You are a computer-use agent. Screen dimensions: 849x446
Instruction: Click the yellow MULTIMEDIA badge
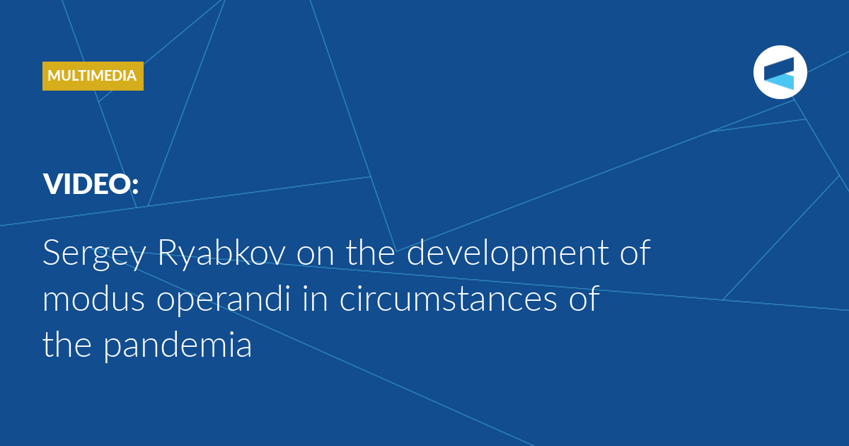(93, 76)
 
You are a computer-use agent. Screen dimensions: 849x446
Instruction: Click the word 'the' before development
(370, 252)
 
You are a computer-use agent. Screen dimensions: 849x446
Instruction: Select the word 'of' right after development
(635, 252)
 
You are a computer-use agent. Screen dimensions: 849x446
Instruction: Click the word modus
(93, 299)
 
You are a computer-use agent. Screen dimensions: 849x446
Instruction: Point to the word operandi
(224, 299)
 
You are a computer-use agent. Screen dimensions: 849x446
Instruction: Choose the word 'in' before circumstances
(315, 299)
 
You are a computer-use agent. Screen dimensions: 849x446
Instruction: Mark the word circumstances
(448, 299)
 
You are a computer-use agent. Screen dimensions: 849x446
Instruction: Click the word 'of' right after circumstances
(584, 299)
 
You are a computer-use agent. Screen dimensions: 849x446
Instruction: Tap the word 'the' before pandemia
(67, 344)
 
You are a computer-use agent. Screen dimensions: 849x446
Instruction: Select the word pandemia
(178, 345)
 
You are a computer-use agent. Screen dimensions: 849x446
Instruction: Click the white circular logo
(780, 72)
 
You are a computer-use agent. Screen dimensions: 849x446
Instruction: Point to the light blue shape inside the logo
(781, 81)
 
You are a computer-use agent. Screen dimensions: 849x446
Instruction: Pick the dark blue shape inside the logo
(780, 67)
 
